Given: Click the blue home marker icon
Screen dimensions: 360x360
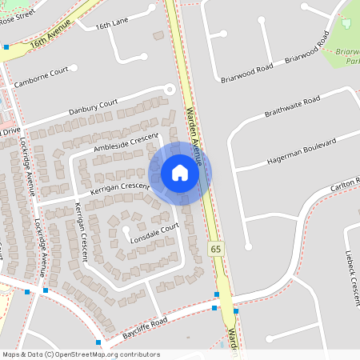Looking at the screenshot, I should [180, 173].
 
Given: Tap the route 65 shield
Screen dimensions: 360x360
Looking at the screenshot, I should [216, 250].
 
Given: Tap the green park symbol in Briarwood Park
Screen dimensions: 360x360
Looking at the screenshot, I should [346, 22].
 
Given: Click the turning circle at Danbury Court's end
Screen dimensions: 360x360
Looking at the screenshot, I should [169, 90].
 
